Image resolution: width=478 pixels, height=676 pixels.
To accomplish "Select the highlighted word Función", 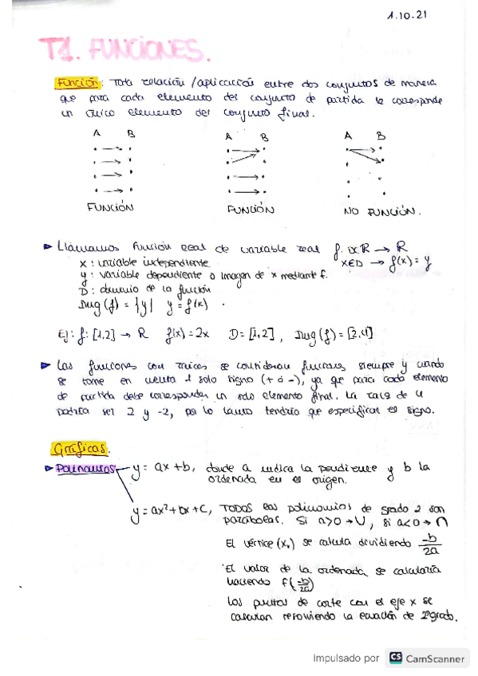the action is [77, 82].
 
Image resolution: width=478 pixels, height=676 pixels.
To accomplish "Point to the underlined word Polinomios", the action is [93, 468].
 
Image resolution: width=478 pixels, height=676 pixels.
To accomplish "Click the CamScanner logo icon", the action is [395, 658].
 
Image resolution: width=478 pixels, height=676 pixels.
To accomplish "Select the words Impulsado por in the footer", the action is [346, 658].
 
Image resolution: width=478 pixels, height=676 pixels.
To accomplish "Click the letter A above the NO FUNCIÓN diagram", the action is [348, 136].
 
